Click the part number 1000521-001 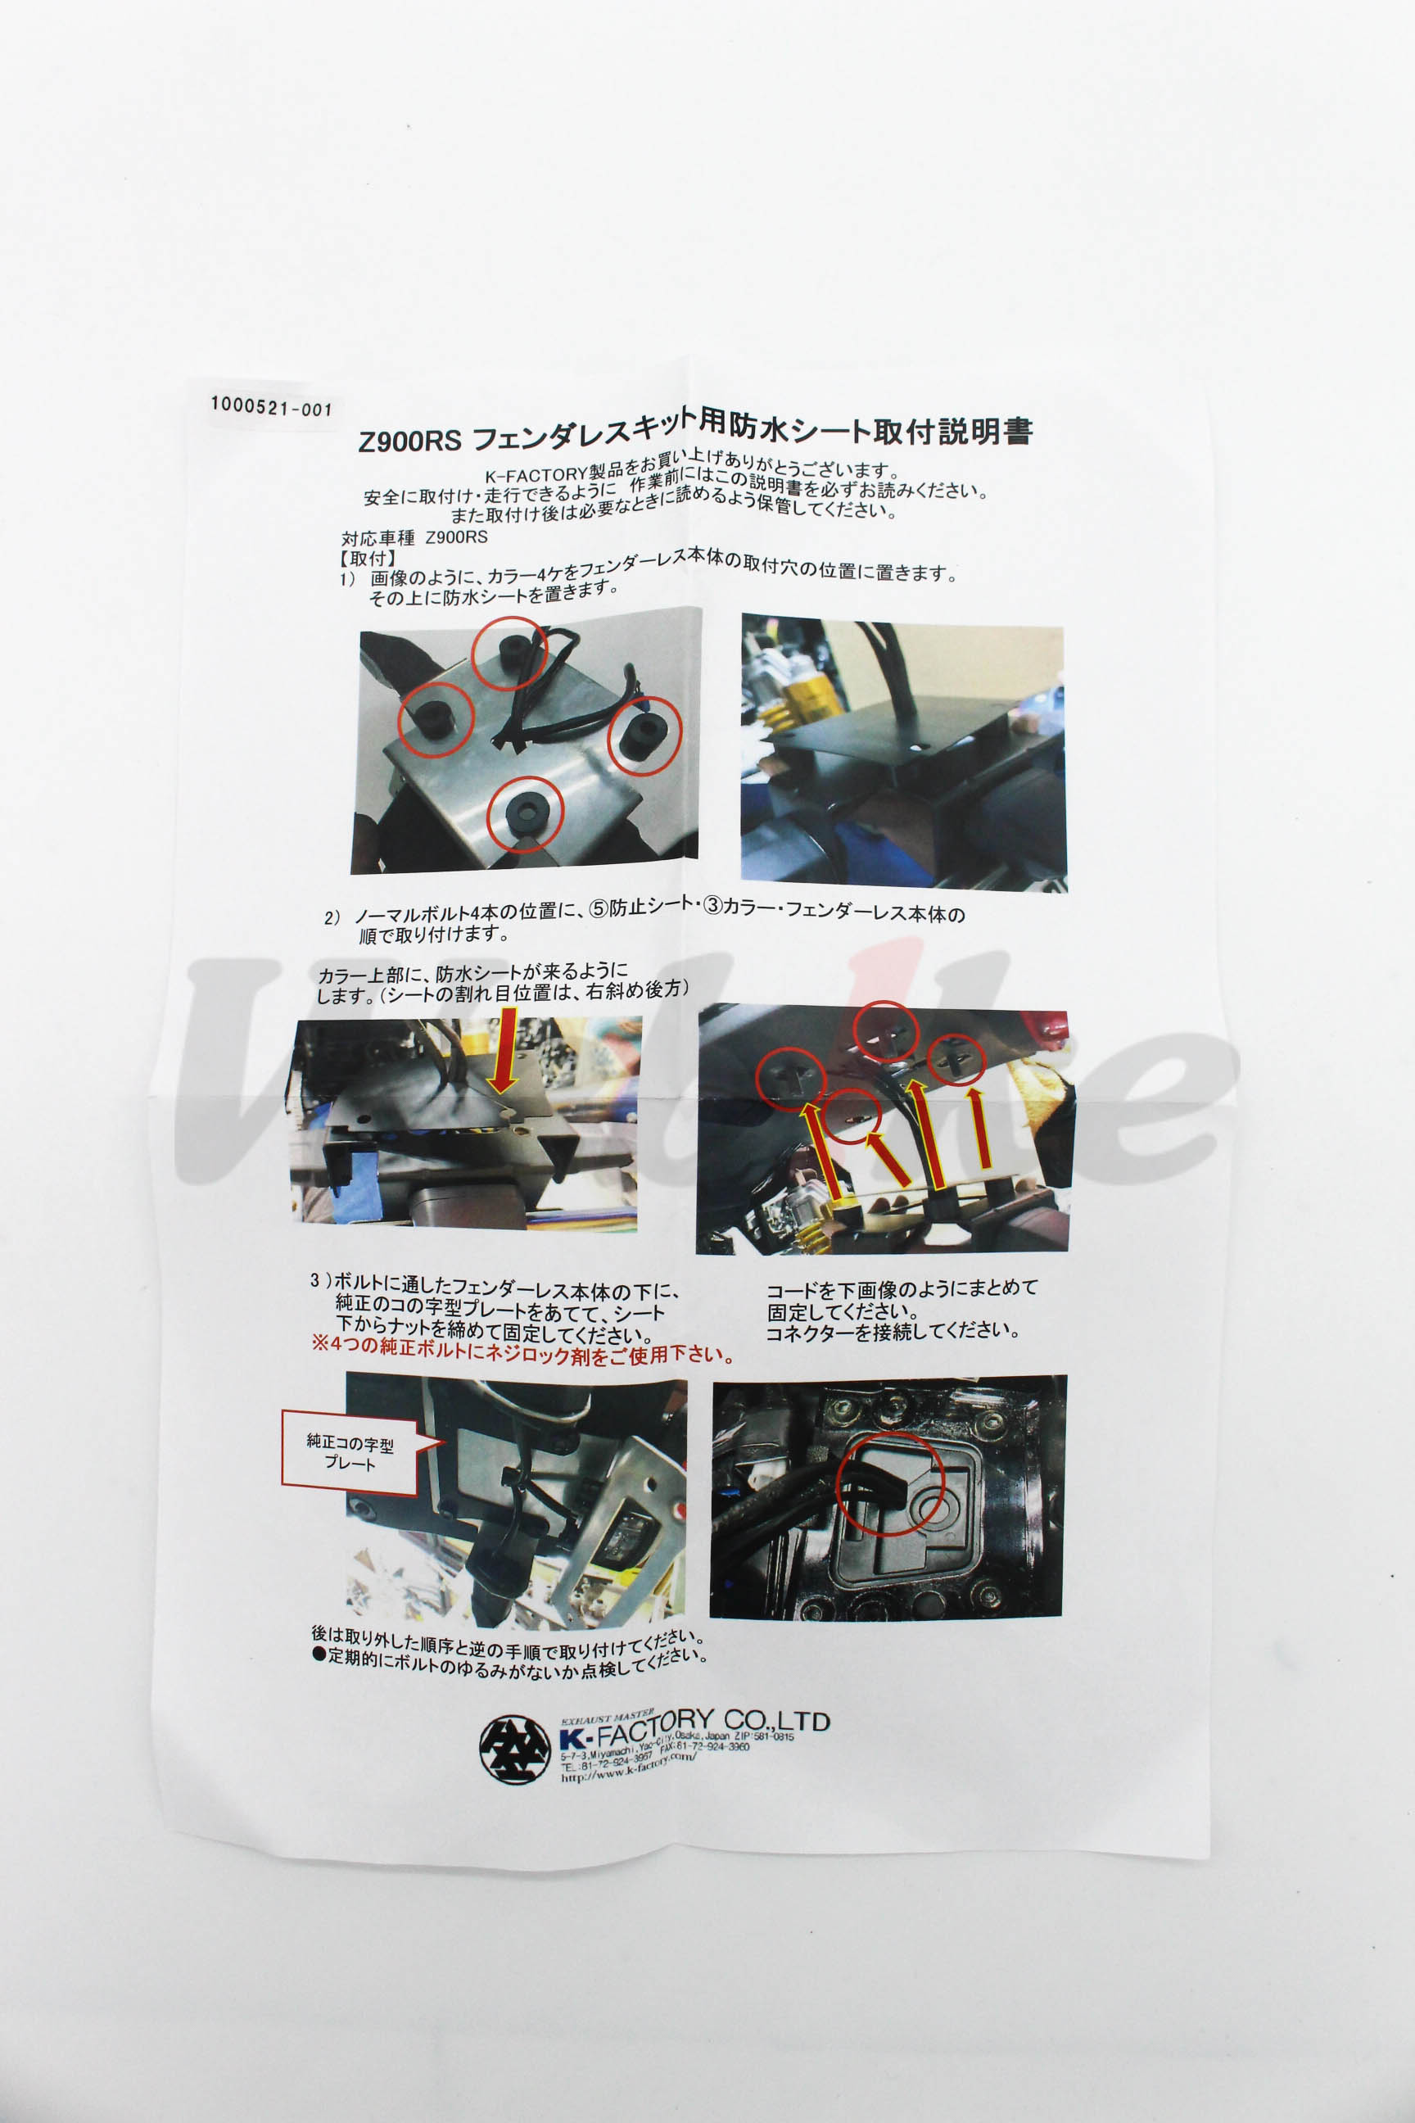tap(272, 407)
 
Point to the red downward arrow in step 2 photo tap(504, 1048)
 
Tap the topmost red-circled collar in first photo tap(511, 651)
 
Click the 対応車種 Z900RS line tap(414, 538)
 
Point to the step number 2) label tap(333, 917)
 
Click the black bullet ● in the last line tap(319, 1657)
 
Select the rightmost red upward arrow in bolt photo tap(979, 1127)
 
